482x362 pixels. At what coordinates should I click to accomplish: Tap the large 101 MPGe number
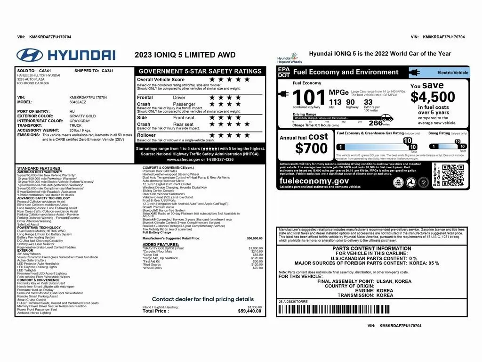coord(309,98)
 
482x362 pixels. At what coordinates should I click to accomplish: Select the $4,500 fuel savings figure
coord(433,97)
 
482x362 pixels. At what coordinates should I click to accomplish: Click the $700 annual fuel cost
coord(311,148)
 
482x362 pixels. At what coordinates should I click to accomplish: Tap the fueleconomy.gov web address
coord(314,181)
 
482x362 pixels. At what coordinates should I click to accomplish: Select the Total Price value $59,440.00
coord(250,311)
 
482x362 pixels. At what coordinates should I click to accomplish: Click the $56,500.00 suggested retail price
coord(255,239)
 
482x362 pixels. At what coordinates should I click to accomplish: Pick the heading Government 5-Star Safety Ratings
coord(200,71)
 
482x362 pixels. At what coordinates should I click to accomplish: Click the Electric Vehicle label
coord(453,73)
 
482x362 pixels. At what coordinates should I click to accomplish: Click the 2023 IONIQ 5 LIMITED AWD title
coord(185,55)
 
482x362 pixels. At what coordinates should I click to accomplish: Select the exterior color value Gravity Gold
coord(82,116)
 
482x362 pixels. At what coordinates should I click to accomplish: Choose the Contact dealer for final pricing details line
coord(202,299)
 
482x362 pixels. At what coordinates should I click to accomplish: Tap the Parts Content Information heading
coord(371,248)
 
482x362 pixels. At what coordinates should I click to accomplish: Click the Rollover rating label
coord(146,135)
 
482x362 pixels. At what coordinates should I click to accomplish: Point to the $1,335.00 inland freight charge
coord(255,307)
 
